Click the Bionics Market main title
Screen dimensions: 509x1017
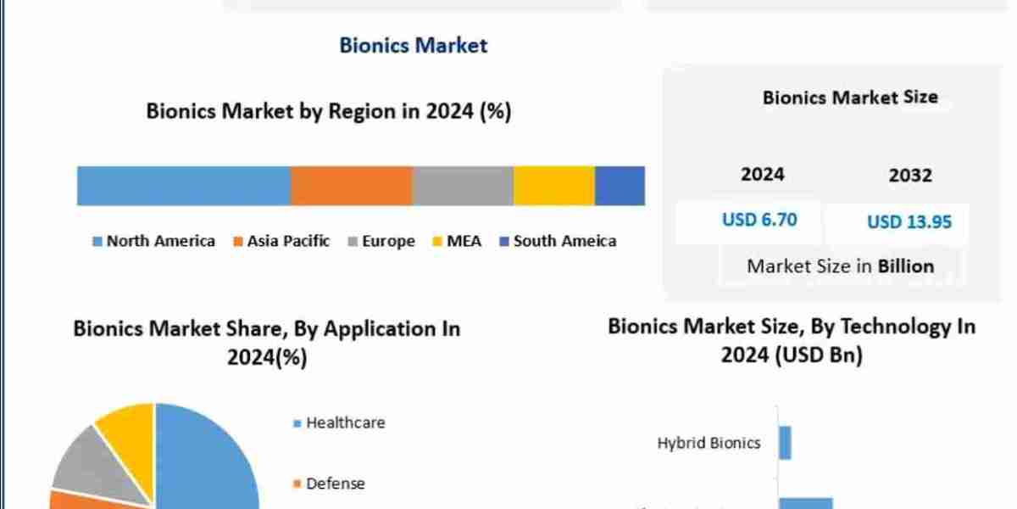click(414, 45)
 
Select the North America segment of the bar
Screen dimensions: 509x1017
click(183, 186)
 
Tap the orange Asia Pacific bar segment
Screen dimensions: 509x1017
click(351, 186)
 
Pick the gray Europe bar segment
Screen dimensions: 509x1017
click(463, 186)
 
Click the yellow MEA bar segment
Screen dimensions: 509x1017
click(554, 186)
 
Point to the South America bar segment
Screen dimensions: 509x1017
click(620, 186)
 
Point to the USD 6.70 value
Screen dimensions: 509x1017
click(759, 220)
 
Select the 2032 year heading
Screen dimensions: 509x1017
click(910, 176)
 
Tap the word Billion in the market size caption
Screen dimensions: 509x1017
click(905, 266)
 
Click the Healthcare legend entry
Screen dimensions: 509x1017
click(339, 422)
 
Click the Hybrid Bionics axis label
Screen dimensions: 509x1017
click(709, 443)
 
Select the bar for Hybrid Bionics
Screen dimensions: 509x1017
click(785, 443)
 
